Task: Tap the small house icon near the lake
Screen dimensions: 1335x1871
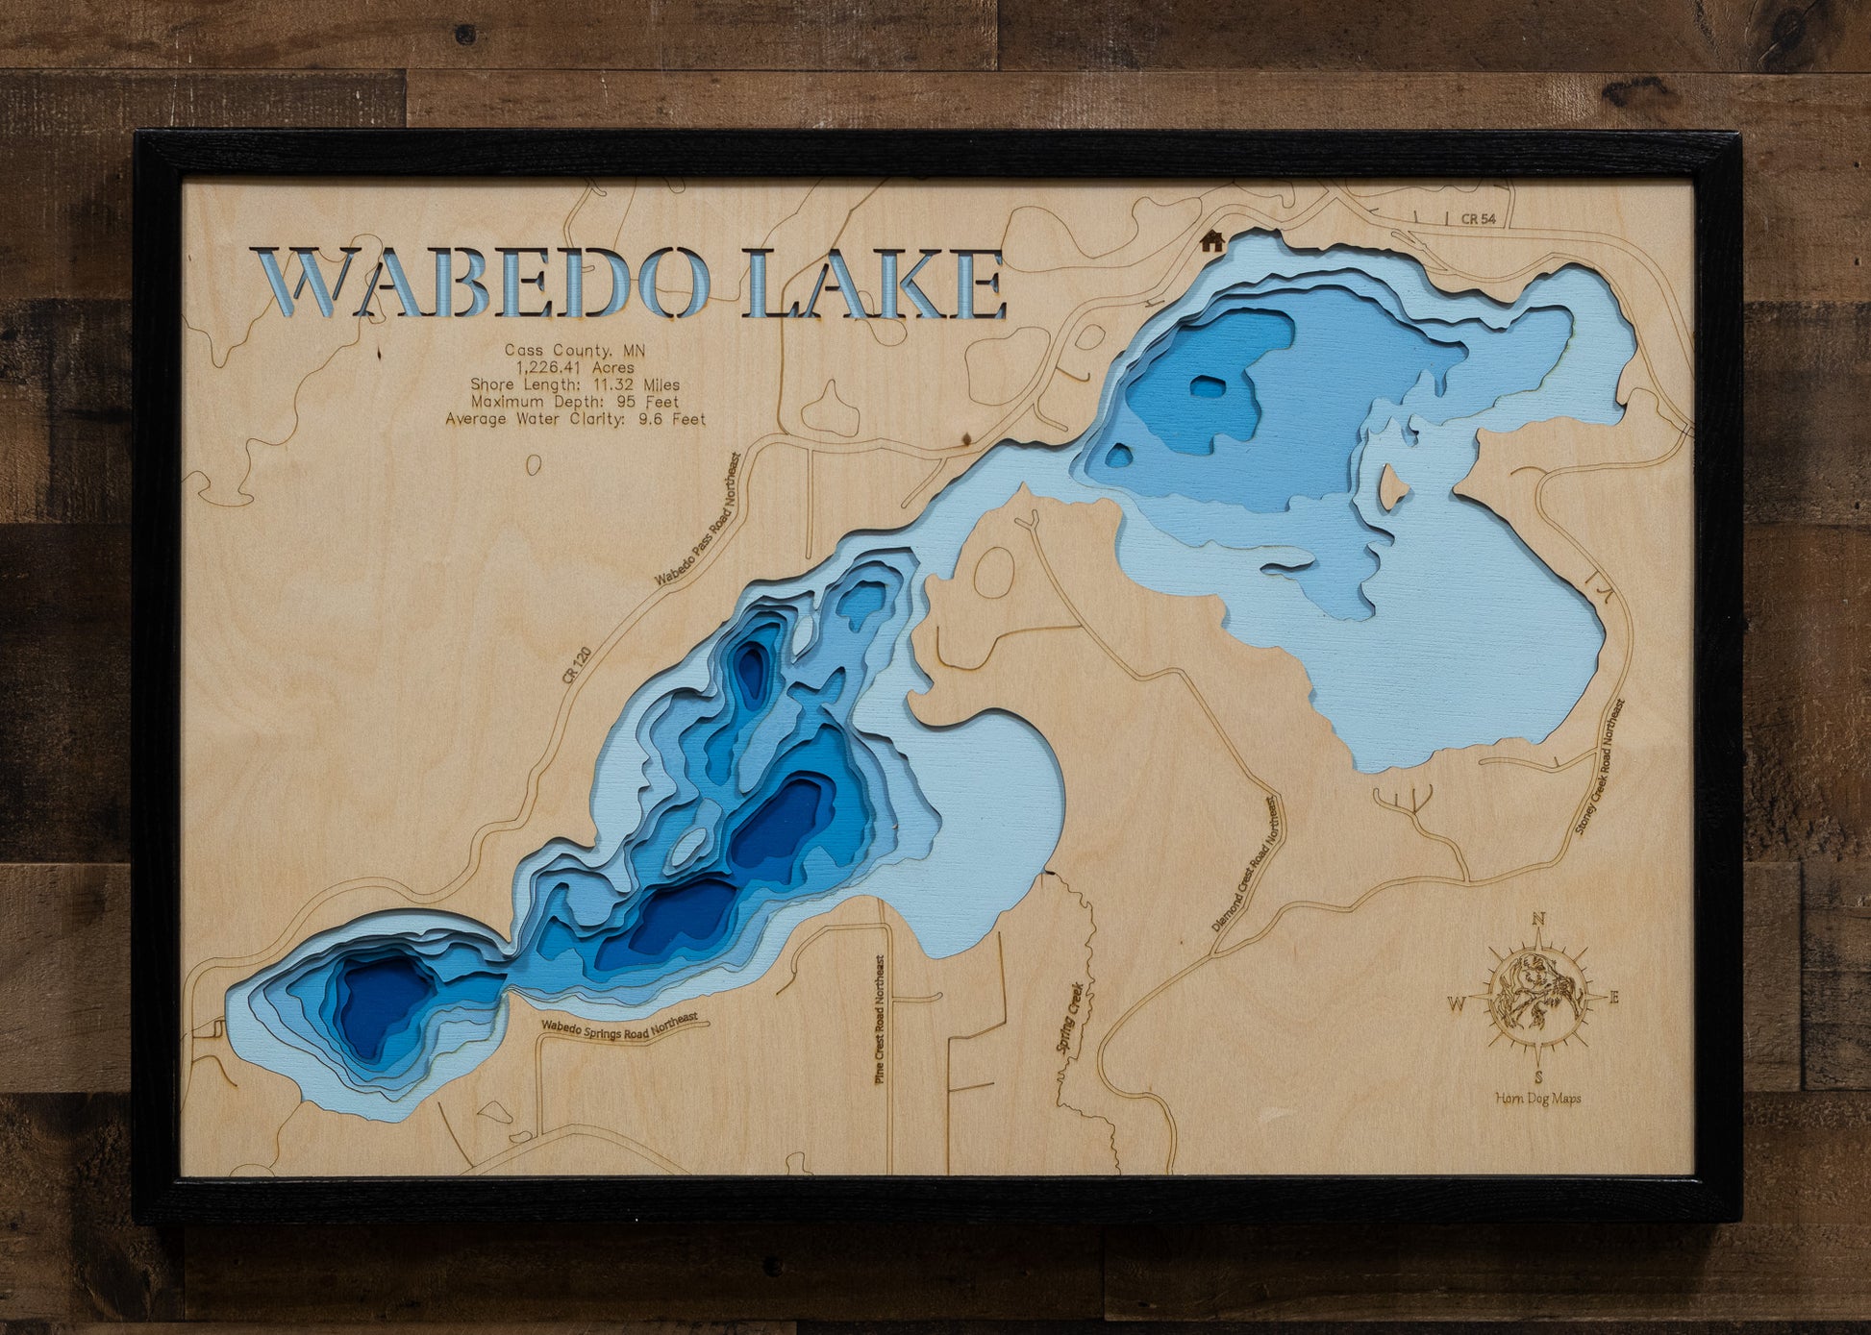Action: [x=1212, y=241]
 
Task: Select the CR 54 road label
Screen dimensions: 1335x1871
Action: [x=1478, y=219]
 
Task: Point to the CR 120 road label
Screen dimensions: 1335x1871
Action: [x=577, y=665]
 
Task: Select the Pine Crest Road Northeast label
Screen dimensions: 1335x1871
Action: [x=879, y=1020]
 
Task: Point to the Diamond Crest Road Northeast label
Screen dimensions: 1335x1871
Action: [x=1246, y=864]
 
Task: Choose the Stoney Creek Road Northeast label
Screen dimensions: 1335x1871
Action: [x=1600, y=768]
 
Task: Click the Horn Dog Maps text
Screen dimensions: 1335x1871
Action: [x=1537, y=1098]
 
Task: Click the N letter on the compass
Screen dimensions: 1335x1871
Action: [x=1537, y=919]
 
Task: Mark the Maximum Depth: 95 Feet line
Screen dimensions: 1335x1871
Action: [x=575, y=402]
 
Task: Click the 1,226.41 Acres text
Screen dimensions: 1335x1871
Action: [x=575, y=367]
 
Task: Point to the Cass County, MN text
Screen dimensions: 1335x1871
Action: [x=575, y=350]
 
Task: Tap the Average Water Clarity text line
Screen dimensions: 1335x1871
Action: [x=575, y=419]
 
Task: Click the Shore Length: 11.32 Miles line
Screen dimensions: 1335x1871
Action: [x=575, y=384]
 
